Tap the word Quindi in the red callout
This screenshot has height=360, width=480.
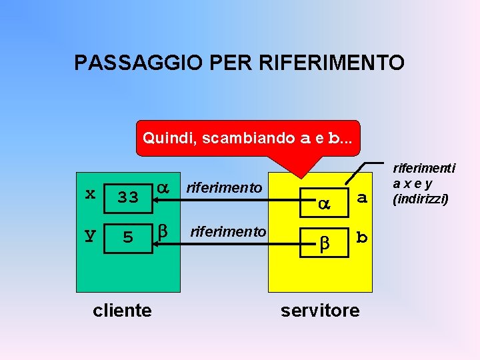tap(169, 138)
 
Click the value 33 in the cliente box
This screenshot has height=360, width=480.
tap(128, 197)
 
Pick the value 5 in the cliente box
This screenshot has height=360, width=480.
tap(128, 237)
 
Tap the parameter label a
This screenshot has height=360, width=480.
tap(362, 197)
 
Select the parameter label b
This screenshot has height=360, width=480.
tap(362, 237)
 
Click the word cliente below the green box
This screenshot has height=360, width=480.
tap(122, 310)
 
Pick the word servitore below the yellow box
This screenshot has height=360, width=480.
tap(320, 310)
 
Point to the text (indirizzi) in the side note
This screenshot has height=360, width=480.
tap(421, 199)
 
